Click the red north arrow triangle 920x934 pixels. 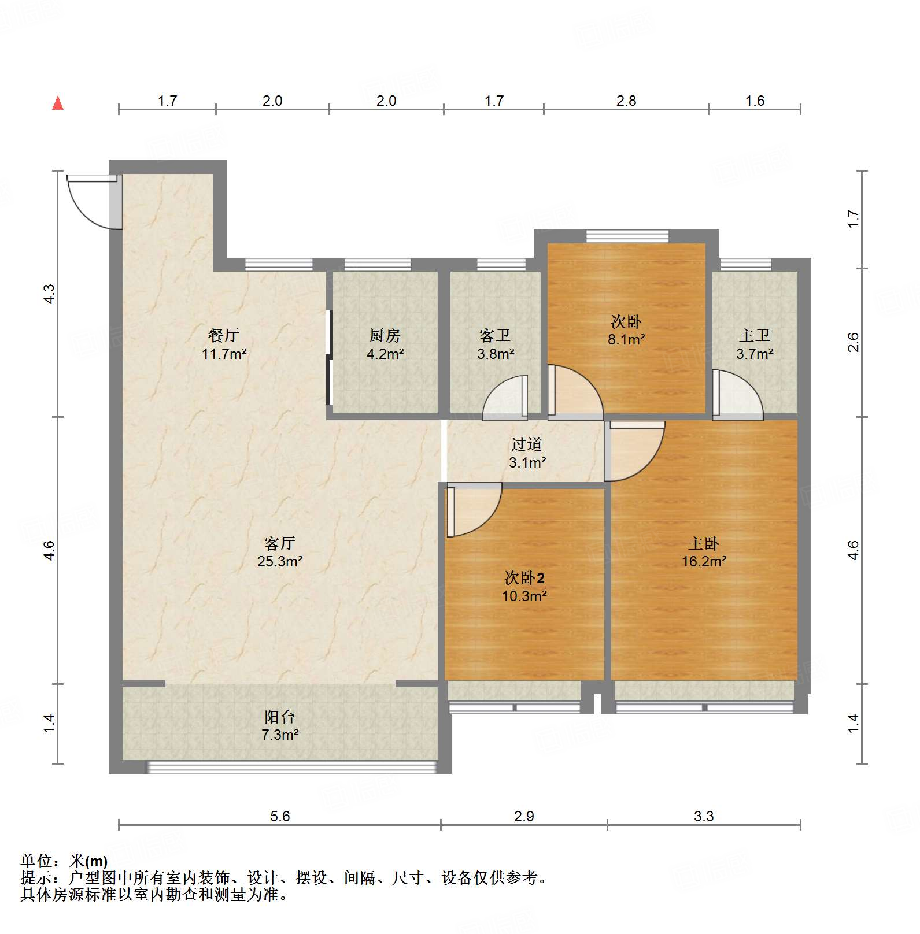tap(58, 103)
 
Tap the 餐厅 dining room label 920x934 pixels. tap(224, 335)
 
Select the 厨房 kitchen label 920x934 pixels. tap(385, 335)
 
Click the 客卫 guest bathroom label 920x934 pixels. tap(495, 335)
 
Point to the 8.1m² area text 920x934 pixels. tap(626, 339)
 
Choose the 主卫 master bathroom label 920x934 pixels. tap(755, 335)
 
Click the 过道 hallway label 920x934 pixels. tap(527, 444)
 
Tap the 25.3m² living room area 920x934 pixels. tap(280, 561)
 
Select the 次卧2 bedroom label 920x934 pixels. tap(524, 578)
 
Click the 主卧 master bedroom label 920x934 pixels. tap(704, 543)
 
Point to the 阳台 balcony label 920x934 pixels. tap(280, 717)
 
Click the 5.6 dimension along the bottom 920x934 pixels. tap(280, 816)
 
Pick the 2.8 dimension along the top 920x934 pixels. tap(626, 101)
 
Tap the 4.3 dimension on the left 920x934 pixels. tap(49, 294)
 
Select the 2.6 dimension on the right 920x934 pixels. tap(854, 342)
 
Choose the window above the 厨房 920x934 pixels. tap(378, 265)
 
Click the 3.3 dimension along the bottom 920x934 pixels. tap(704, 816)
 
